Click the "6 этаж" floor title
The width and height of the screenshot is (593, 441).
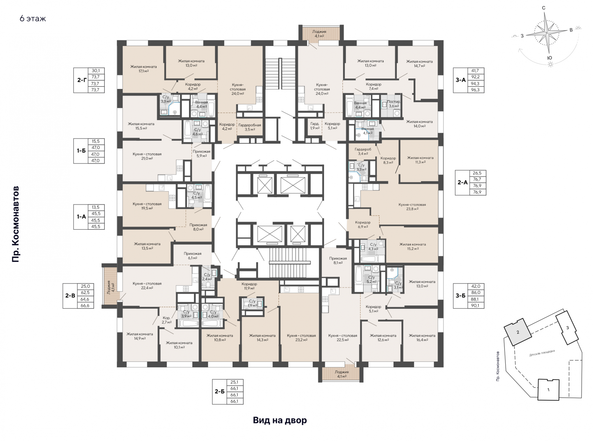point(33,19)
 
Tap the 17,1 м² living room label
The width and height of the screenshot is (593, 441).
point(143,69)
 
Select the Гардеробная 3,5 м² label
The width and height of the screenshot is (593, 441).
point(250,127)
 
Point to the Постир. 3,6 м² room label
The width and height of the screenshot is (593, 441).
point(394,104)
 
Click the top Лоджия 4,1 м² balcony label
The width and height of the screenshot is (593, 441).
point(319,34)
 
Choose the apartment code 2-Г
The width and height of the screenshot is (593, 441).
point(82,80)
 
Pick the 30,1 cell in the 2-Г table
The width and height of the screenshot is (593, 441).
point(96,71)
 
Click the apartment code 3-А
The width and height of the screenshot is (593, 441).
point(461,80)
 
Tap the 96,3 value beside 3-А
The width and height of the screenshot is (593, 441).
point(476,90)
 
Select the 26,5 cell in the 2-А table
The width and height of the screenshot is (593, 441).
point(477,173)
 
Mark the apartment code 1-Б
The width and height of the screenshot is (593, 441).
point(82,151)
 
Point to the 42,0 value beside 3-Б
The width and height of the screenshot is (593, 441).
point(476,286)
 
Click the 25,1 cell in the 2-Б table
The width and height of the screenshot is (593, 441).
point(234,382)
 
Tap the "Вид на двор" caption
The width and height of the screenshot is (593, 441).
point(280,420)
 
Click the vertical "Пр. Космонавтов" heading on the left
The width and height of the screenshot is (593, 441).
point(15,224)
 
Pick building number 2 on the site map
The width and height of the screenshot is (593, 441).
point(518,332)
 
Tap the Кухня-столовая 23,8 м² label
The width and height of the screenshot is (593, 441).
point(412,207)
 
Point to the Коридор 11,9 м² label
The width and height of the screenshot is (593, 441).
point(249,286)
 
